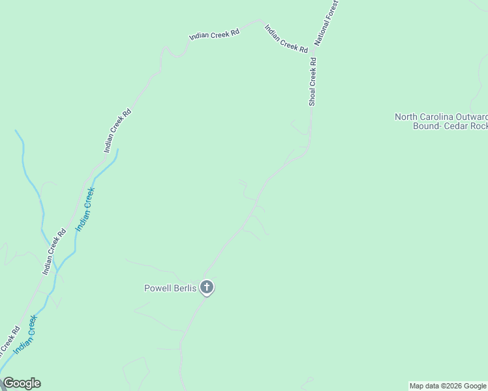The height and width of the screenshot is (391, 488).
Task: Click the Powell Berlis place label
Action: pyautogui.click(x=170, y=288)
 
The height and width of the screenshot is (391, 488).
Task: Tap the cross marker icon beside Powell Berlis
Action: pyautogui.click(x=207, y=287)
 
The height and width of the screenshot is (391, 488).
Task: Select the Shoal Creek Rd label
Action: pyautogui.click(x=313, y=81)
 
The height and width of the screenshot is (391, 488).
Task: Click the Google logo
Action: pyautogui.click(x=22, y=383)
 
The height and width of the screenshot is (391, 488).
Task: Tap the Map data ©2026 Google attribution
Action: pyautogui.click(x=448, y=386)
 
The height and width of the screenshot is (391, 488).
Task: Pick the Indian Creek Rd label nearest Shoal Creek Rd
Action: pyautogui.click(x=286, y=38)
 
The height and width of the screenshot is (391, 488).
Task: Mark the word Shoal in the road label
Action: pyautogui.click(x=313, y=96)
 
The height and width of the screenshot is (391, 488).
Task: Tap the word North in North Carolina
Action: pyautogui.click(x=407, y=117)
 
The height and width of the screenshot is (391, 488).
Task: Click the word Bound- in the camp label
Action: pyautogui.click(x=426, y=126)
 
